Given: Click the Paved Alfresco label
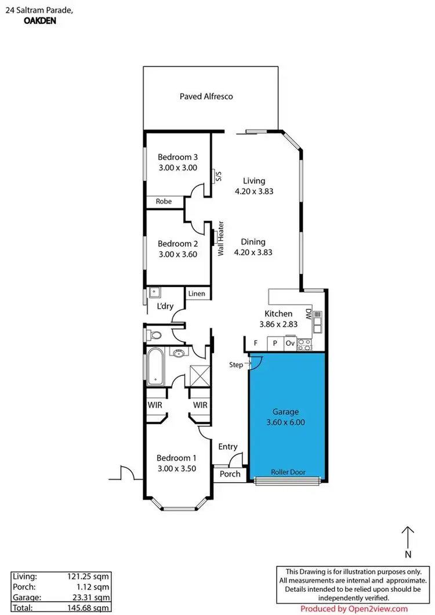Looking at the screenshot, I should tap(206, 96).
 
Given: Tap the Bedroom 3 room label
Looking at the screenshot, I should tap(178, 157).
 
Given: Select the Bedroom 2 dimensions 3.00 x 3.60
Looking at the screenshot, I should tap(178, 254).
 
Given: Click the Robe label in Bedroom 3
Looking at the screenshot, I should tap(163, 202).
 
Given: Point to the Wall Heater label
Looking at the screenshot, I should tap(221, 238).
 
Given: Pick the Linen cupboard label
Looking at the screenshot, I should tap(197, 294).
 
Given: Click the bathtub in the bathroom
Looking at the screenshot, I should tap(155, 367).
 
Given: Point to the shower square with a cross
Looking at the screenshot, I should tap(200, 375).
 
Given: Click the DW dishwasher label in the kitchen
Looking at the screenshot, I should tap(317, 316).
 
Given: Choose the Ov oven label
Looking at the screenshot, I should tap(289, 343).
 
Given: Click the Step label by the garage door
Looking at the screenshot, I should tap(237, 365).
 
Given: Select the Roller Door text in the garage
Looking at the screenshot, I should tap(287, 472).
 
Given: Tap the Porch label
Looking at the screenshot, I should tap(230, 474).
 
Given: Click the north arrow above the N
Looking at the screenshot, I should tap(408, 537).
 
